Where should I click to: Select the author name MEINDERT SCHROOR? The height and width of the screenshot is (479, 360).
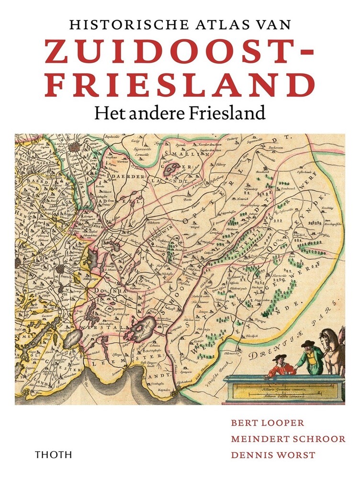[x=288, y=438]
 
